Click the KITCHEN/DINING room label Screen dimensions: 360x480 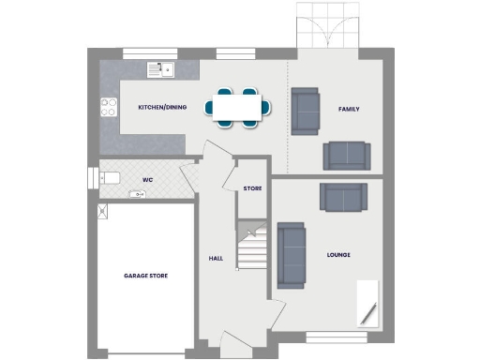[x=162, y=108]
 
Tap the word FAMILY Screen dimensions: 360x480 [x=349, y=110]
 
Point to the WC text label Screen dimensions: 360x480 [x=147, y=179]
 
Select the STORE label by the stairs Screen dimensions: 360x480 [x=252, y=188]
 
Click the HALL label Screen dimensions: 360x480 [x=215, y=257]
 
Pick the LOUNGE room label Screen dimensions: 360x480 [x=338, y=254]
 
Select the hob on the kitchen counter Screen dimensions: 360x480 [x=107, y=106]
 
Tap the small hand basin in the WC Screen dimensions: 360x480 [x=138, y=195]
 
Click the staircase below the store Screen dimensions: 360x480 [x=250, y=247]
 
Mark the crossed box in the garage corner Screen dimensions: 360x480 [x=101, y=212]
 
